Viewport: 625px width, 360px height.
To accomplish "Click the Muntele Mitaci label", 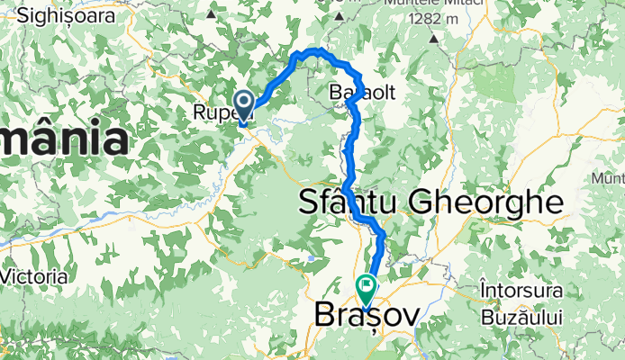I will tap(429, 3).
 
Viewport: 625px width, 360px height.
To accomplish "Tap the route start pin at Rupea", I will tap(243, 103).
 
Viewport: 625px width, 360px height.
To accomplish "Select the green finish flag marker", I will tap(367, 288).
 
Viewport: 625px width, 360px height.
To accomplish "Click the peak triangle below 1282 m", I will tap(433, 38).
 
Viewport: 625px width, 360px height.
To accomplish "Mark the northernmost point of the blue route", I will tap(315, 49).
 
